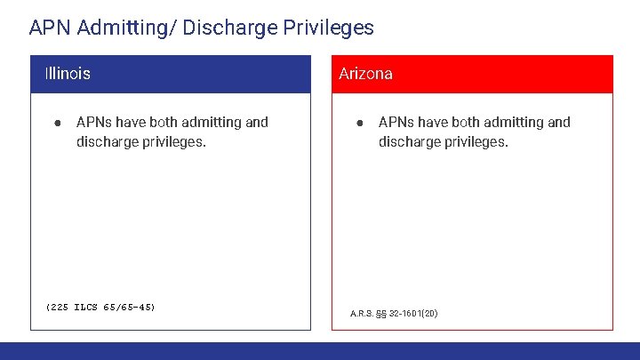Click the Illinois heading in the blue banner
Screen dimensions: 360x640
68,74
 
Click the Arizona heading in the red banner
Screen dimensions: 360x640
365,74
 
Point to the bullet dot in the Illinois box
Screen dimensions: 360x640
56,123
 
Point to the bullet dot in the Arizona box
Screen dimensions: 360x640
358,123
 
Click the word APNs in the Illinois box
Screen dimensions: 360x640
94,123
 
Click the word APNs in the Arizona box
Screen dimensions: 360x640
396,123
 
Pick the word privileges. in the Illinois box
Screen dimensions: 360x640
174,142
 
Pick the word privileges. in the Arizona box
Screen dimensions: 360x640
476,142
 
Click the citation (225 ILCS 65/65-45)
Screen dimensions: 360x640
100,308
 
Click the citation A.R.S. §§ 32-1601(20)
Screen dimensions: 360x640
394,314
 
